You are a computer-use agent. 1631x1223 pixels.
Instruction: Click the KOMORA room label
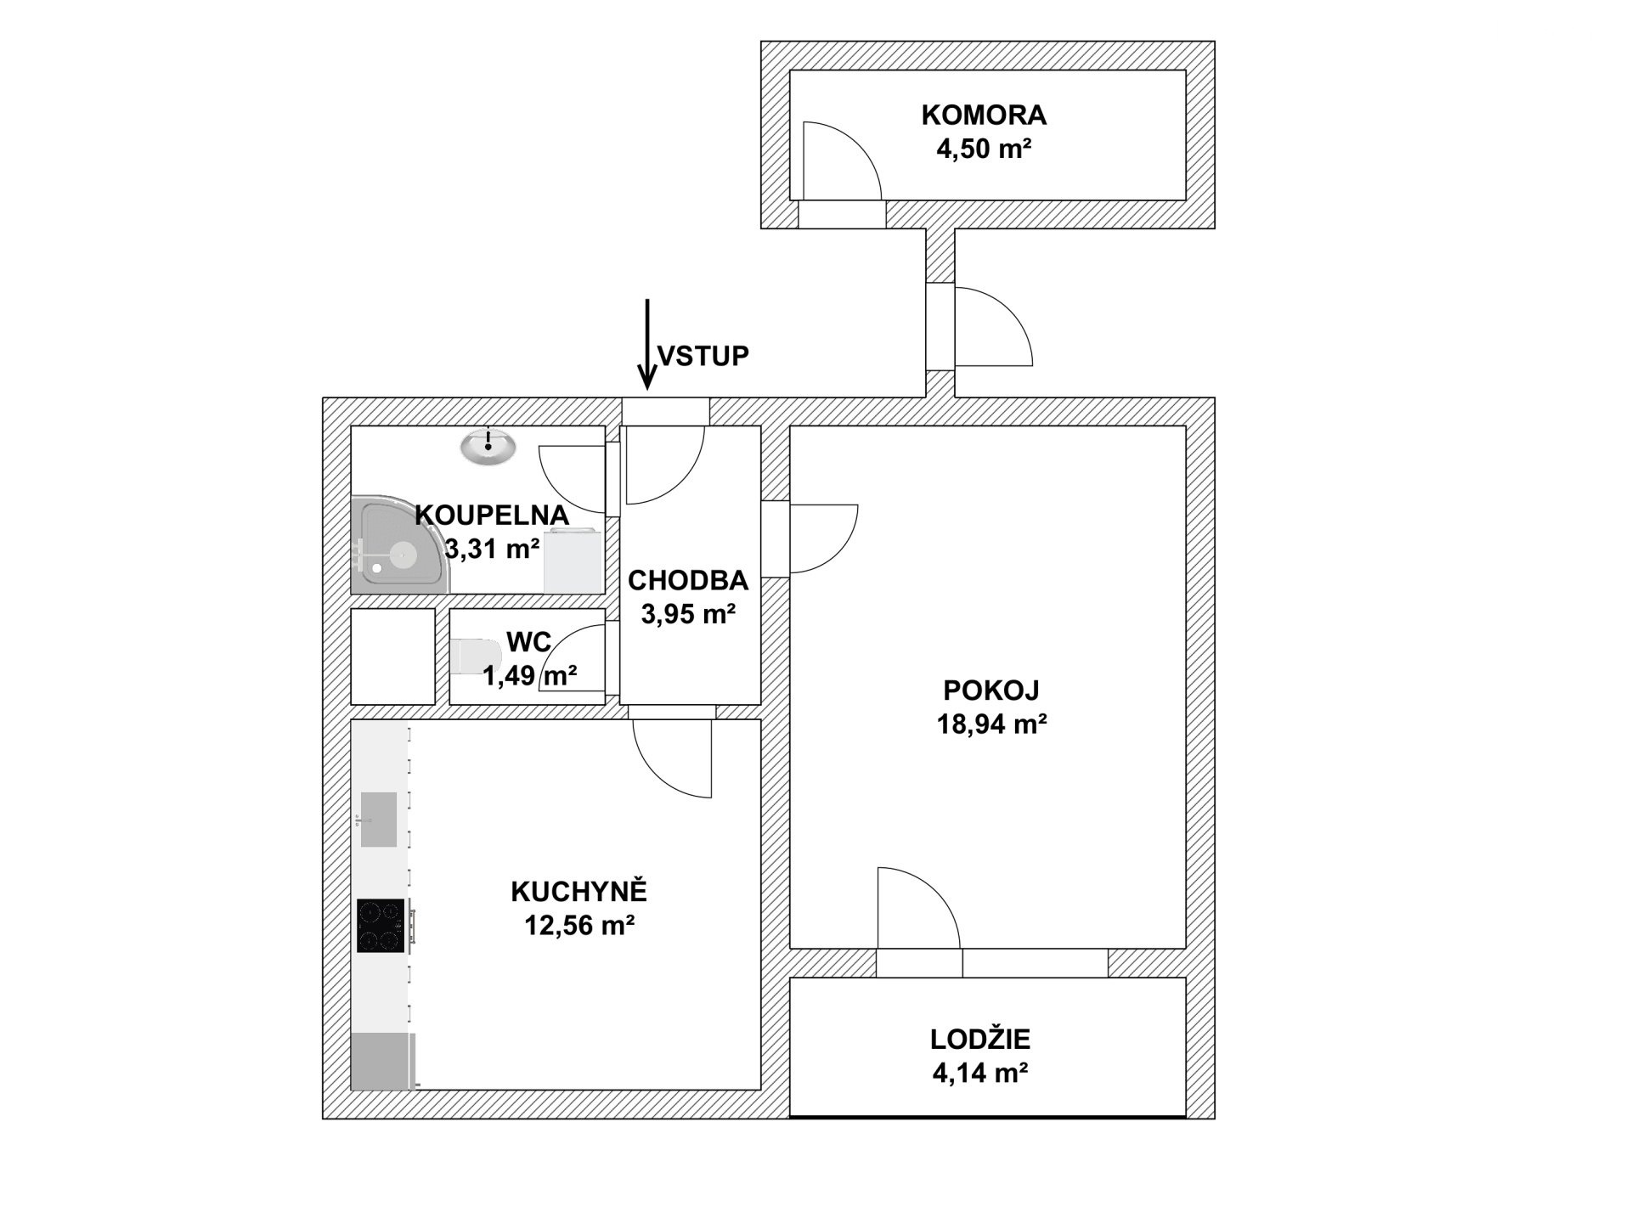pos(984,115)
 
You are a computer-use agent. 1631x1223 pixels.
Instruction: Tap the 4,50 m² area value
pos(984,150)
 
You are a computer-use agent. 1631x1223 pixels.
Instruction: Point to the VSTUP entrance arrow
pos(647,344)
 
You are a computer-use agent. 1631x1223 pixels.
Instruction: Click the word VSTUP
pos(704,356)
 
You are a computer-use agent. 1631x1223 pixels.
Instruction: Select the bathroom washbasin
pos(488,447)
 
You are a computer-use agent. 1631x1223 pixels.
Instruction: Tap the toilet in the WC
pos(475,656)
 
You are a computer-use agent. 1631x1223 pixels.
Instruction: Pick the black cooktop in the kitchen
pos(381,926)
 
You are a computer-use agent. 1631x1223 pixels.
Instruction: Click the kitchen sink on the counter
pos(378,820)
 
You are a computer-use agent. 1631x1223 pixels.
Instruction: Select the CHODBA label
pos(688,581)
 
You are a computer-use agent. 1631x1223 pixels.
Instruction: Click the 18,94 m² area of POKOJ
pos(991,724)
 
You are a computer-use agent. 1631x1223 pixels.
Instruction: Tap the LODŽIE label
pos(980,1039)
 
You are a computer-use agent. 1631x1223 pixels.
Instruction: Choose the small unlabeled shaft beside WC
pos(393,657)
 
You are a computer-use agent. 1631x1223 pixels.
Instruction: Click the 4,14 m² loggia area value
pos(981,1074)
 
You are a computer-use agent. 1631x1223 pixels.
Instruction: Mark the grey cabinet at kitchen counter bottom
pos(383,1061)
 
